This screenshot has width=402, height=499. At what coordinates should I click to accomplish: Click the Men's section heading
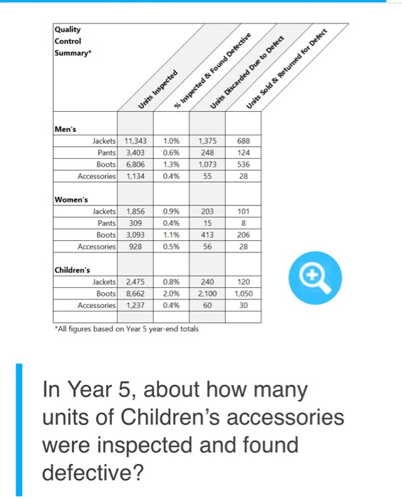click(x=66, y=129)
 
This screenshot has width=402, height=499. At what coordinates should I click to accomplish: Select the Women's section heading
click(x=73, y=200)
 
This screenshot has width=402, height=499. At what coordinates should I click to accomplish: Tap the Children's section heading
click(x=73, y=270)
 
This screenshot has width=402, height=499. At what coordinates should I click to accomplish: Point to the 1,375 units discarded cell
click(x=208, y=141)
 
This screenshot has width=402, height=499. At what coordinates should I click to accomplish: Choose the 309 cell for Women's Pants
click(x=134, y=223)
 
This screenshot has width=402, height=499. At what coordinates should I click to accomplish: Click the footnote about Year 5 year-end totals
click(x=127, y=329)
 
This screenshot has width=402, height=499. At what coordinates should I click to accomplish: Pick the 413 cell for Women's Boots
click(x=208, y=234)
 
